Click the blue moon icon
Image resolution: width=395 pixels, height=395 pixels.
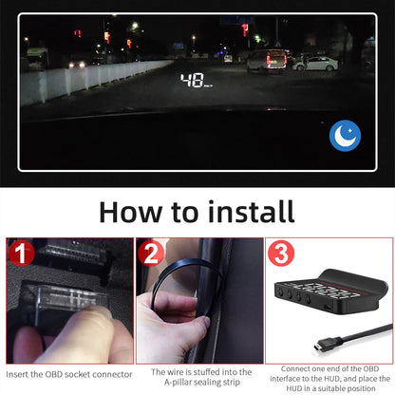pyautogui.click(x=345, y=136)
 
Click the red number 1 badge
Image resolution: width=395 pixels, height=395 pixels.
pyautogui.click(x=20, y=255)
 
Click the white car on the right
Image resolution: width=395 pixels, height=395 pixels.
pyautogui.click(x=317, y=63)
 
